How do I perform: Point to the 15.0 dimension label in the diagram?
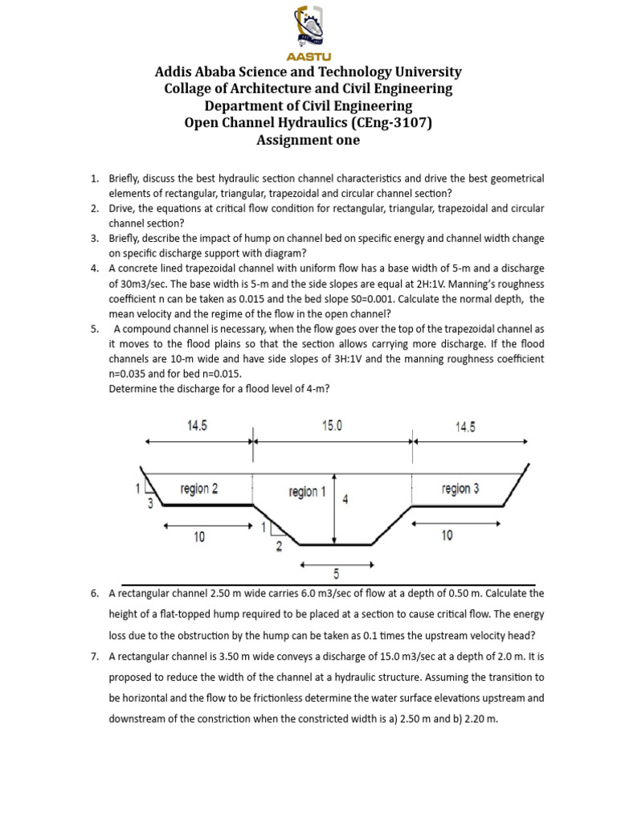pyautogui.click(x=332, y=427)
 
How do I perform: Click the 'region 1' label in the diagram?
pyautogui.click(x=307, y=492)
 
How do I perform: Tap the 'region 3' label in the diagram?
pyautogui.click(x=460, y=488)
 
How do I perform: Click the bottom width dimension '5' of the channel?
pyautogui.click(x=335, y=573)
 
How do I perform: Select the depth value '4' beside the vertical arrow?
pyautogui.click(x=345, y=499)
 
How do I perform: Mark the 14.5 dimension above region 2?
pyautogui.click(x=197, y=427)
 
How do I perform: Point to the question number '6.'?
pyautogui.click(x=94, y=593)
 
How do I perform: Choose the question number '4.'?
pyautogui.click(x=94, y=268)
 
